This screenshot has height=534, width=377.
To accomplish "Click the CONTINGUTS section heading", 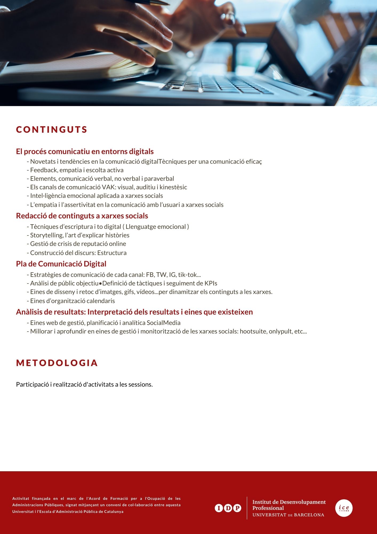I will pos(52,129).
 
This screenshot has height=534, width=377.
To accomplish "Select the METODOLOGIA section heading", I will pos(57,363).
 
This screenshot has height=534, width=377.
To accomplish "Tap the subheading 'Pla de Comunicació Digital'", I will pos(61,264).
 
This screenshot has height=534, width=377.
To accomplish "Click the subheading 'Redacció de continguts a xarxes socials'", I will pos(82,216).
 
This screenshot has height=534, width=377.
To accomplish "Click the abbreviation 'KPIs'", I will pos(211,283).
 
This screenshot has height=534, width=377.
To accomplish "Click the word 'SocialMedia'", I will pos(163,323).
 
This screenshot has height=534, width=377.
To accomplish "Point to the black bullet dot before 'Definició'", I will pos(101,284).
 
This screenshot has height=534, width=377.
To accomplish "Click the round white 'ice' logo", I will pos(344,508).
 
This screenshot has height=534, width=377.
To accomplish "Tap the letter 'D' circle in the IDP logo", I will pos(228,508).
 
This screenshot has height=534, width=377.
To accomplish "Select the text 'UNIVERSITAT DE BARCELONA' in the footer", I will pos(288,515).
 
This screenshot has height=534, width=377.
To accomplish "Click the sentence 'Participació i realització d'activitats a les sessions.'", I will pos(84,384).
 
